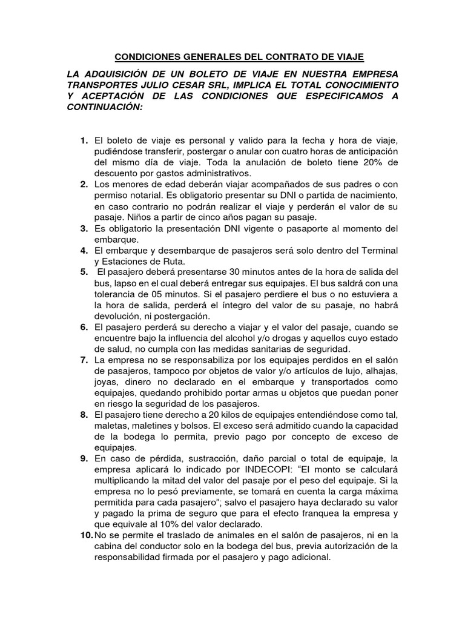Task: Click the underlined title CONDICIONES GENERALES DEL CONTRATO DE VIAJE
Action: (239, 57)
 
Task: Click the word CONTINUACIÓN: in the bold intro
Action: (107, 107)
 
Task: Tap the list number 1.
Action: (84, 141)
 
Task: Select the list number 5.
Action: (84, 272)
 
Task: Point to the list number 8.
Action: (84, 415)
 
